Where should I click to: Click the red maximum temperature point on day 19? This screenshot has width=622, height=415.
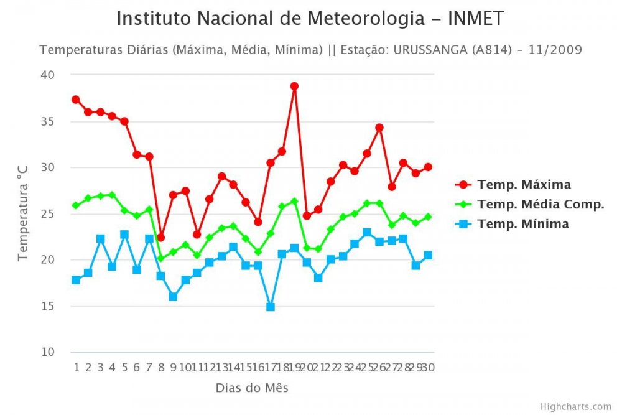(294, 86)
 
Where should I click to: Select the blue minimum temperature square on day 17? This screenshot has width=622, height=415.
(270, 307)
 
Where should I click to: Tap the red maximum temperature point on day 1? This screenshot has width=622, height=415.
(75, 100)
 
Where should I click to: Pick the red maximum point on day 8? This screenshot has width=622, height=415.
(160, 238)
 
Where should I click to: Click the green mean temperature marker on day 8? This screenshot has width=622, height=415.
(160, 258)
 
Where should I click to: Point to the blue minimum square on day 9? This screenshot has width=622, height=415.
(173, 297)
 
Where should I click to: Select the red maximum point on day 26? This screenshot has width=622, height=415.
(379, 128)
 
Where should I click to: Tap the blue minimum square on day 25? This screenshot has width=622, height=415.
(367, 233)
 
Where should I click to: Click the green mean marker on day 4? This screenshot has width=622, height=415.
(112, 195)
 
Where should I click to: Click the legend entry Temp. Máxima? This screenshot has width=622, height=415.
(524, 185)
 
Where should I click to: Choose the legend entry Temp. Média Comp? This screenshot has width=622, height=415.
(541, 204)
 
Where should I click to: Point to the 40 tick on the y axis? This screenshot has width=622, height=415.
(49, 75)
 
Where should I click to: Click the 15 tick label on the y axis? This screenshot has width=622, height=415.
(49, 306)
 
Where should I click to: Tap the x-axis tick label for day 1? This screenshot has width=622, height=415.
(76, 368)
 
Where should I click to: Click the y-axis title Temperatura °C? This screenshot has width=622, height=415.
(22, 213)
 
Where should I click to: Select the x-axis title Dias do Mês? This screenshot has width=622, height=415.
(252, 388)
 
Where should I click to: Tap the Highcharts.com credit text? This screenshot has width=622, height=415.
(575, 406)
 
